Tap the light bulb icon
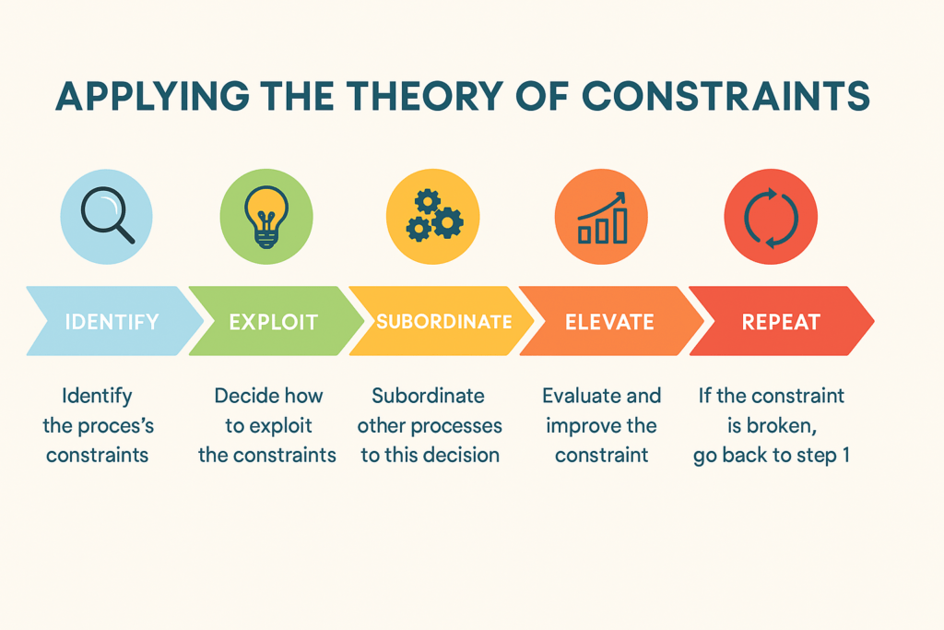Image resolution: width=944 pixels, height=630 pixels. (266, 217)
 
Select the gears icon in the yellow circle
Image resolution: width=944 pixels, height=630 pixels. (433, 216)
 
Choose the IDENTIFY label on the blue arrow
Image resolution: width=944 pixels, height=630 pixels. (112, 322)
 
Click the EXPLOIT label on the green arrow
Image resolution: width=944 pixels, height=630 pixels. (273, 322)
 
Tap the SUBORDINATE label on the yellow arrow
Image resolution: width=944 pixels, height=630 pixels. (444, 322)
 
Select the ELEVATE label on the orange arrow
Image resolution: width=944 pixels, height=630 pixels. (609, 322)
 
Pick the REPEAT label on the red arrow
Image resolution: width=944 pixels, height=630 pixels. (781, 322)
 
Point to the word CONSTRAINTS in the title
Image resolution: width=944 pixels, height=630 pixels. (726, 96)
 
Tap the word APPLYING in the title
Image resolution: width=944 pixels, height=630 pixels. (152, 96)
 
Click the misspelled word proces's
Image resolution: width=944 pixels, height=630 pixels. (116, 426)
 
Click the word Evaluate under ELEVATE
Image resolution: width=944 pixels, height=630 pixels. (578, 396)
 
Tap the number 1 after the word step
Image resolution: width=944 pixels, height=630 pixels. (846, 455)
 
